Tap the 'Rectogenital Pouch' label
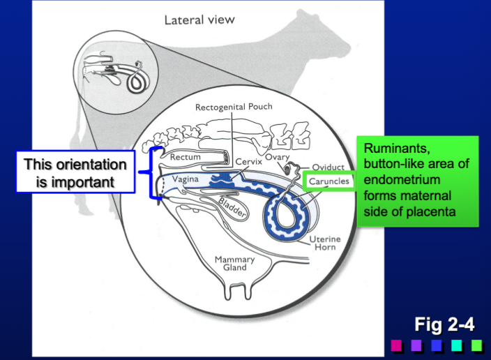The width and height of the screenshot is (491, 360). point(234,107)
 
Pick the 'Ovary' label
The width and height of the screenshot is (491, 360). point(277,158)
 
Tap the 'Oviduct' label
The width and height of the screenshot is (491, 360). point(328,167)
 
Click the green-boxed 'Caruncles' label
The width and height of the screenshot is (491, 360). point(327,182)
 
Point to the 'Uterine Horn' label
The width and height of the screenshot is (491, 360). point(324,243)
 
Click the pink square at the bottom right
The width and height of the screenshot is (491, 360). point(396,345)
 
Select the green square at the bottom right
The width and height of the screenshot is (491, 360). point(477,345)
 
